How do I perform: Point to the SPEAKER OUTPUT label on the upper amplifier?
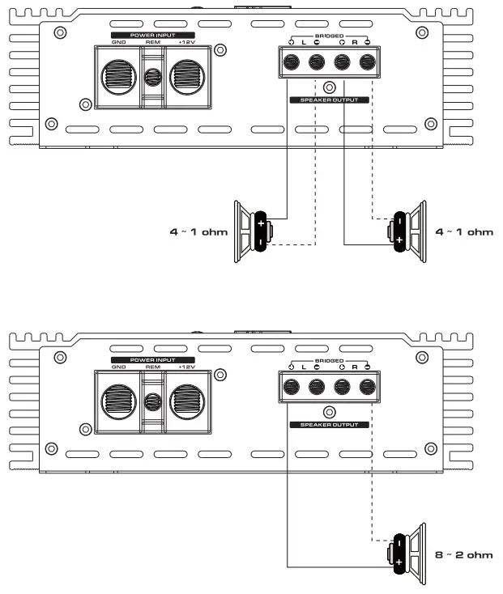click(x=329, y=100)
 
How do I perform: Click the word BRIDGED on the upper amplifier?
click(x=329, y=36)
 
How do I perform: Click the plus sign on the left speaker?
click(x=261, y=223)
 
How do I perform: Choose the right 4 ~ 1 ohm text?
click(x=464, y=232)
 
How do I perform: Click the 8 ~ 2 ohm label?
click(x=464, y=554)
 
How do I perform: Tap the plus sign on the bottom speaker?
click(x=399, y=562)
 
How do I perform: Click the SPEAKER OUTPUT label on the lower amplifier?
click(x=329, y=423)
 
